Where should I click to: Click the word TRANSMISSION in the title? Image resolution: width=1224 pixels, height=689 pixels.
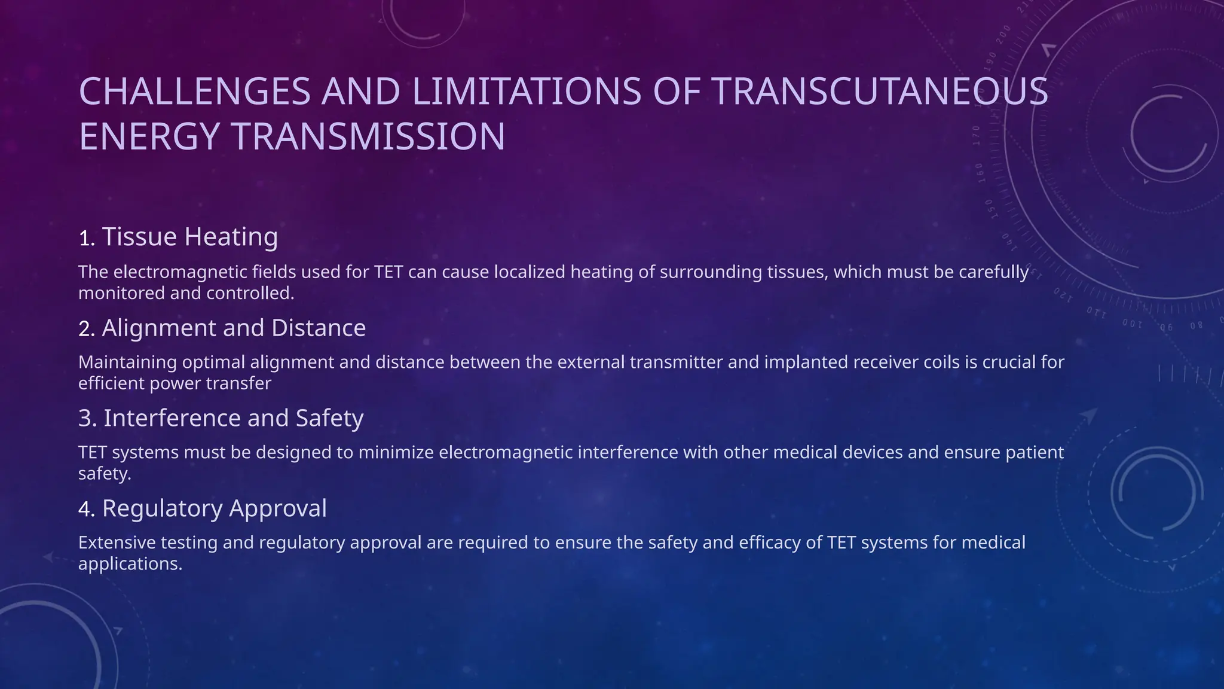pos(368,136)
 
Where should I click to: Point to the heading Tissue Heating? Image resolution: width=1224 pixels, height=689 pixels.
pos(189,237)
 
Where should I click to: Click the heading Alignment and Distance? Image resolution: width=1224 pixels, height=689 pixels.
pos(233,328)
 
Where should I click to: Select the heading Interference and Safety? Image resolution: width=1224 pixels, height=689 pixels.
pos(233,418)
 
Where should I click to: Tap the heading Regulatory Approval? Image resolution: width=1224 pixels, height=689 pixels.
pos(214,508)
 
